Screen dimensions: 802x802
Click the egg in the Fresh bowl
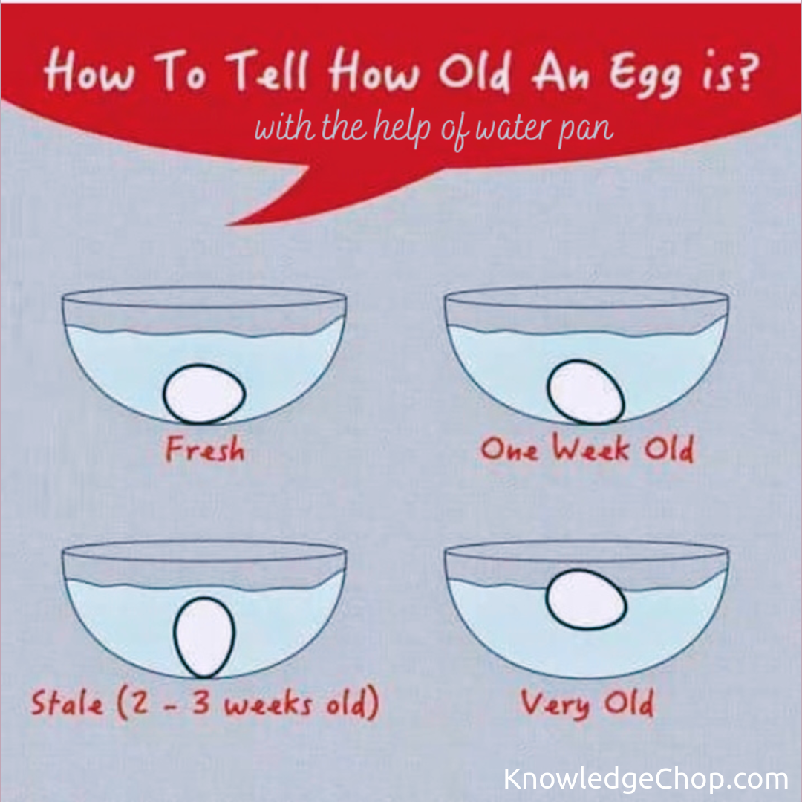click(x=204, y=394)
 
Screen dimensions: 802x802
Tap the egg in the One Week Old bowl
click(x=586, y=392)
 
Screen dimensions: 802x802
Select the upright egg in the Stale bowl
click(x=204, y=637)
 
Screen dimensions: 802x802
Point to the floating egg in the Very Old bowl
click(x=586, y=599)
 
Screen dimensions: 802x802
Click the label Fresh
click(x=205, y=449)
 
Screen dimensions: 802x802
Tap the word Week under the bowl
click(x=590, y=448)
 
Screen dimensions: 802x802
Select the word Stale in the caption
click(x=67, y=702)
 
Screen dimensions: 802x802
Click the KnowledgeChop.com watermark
click(x=645, y=779)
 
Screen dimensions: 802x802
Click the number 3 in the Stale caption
click(x=201, y=702)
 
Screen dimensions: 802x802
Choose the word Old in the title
click(x=474, y=71)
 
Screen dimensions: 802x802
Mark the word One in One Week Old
click(x=509, y=449)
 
